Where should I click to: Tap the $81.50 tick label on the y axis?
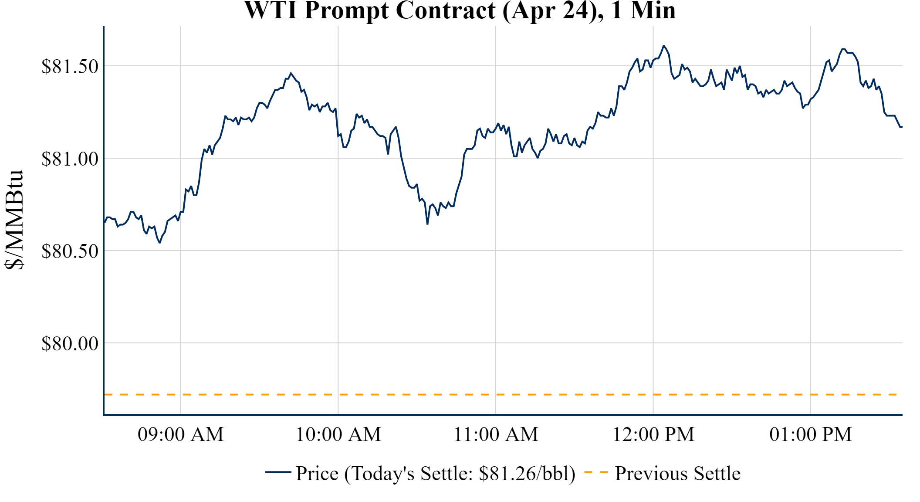70,67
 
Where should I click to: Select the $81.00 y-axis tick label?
70,159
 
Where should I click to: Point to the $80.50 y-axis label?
70,251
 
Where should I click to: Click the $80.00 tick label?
70,344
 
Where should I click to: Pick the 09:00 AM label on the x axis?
180,434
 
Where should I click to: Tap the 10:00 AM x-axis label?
338,434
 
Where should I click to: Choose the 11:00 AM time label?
496,434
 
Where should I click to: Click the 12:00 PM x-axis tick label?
653,434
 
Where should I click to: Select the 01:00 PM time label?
811,434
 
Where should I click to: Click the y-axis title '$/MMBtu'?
14,220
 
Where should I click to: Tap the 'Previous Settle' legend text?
677,474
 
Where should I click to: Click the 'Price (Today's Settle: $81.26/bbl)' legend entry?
435,474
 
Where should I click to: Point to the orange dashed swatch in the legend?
595,472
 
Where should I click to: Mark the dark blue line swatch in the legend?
278,472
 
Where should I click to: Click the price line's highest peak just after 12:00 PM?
663,46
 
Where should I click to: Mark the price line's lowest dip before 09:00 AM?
160,242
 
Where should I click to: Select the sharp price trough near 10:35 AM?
427,224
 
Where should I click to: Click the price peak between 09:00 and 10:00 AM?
291,73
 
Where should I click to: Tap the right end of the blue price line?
901,127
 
